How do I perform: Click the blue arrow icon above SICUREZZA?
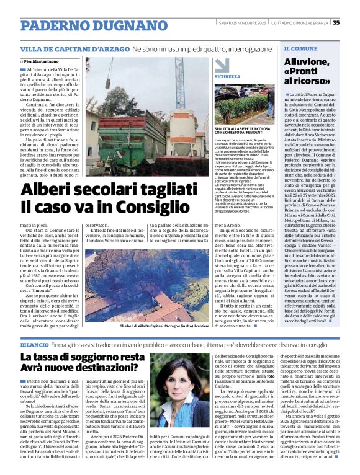219,68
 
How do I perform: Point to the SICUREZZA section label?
228,76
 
